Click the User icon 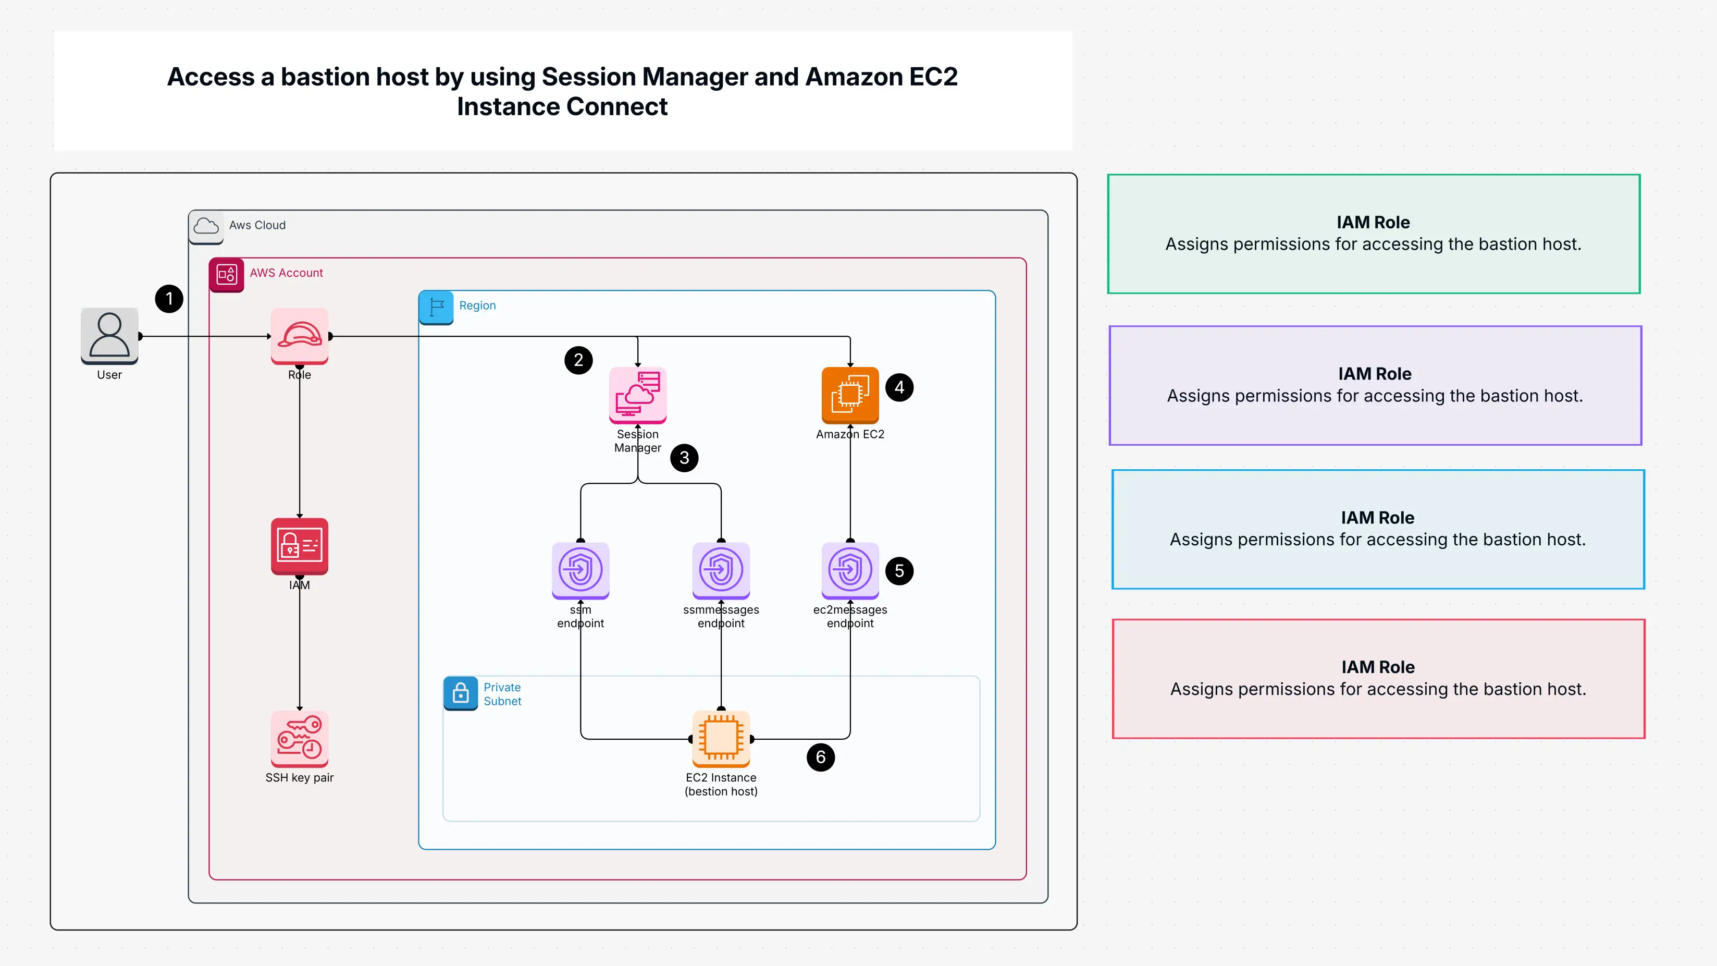109,335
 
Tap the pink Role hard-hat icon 299,335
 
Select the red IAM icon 299,545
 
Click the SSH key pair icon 299,738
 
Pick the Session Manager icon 637,395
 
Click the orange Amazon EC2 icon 850,395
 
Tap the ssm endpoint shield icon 580,570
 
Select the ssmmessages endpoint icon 721,570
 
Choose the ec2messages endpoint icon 850,570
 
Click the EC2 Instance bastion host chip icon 721,738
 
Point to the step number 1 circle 169,299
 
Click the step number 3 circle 684,458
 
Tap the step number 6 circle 821,757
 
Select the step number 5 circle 899,571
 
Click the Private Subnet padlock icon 461,693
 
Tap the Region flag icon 436,307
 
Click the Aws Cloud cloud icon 206,226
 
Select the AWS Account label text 286,273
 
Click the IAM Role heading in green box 1373,222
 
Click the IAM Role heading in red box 1378,667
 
